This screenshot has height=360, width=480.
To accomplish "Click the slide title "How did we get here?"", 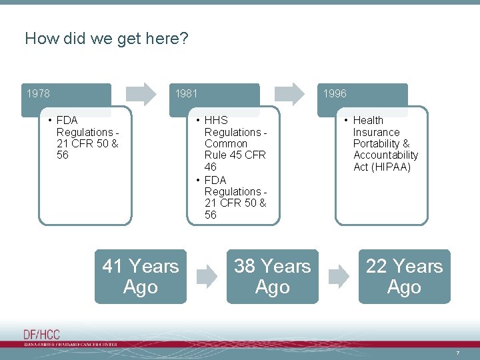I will pyautogui.click(x=107, y=39).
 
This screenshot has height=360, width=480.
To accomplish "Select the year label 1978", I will pyautogui.click(x=39, y=93).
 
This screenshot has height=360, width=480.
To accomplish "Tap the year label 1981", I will pyautogui.click(x=186, y=93).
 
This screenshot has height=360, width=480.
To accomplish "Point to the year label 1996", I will pyautogui.click(x=335, y=93).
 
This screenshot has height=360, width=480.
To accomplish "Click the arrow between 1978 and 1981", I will pyautogui.click(x=141, y=93).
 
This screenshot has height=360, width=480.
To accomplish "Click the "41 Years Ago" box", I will pyautogui.click(x=141, y=277).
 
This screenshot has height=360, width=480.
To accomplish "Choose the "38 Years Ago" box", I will pyautogui.click(x=272, y=277).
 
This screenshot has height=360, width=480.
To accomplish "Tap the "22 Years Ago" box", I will pyautogui.click(x=404, y=277).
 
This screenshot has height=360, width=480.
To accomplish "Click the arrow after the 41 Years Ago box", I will pyautogui.click(x=207, y=276).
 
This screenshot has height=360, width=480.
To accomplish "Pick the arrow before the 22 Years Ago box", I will pyautogui.click(x=339, y=276).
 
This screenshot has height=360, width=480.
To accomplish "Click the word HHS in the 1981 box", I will pyautogui.click(x=216, y=120).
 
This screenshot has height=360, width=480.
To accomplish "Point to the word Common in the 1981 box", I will pyautogui.click(x=225, y=143).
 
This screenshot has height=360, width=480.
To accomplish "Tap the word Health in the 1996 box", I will pyautogui.click(x=368, y=120).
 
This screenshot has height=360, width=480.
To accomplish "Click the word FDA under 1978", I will pyautogui.click(x=67, y=120).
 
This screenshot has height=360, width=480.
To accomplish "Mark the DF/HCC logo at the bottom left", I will pyautogui.click(x=41, y=335).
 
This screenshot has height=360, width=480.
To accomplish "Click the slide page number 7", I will pyautogui.click(x=457, y=353).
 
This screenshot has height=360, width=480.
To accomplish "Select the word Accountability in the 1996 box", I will pyautogui.click(x=385, y=155).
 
